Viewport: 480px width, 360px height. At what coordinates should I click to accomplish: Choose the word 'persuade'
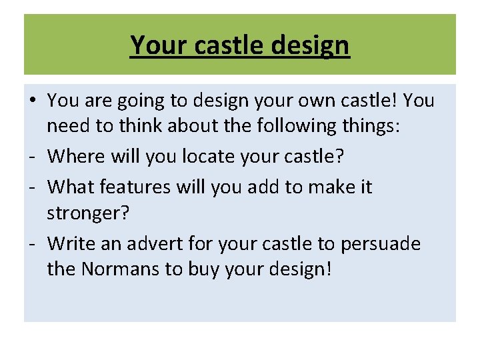381,244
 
